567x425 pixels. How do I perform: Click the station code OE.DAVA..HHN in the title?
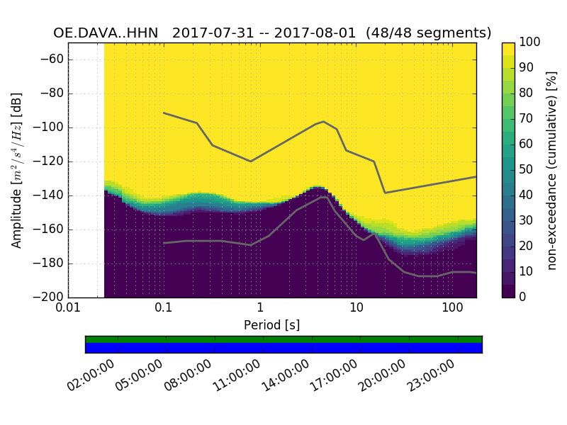[108, 33]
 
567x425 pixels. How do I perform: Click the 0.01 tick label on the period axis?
[68, 310]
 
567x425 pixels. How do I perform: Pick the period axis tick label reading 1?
[260, 310]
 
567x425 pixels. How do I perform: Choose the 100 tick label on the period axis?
[452, 310]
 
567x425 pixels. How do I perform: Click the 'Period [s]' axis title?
[271, 325]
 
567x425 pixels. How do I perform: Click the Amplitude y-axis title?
[17, 170]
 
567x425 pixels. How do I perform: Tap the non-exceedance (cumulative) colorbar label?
[552, 170]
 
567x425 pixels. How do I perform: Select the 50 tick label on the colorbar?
[527, 170]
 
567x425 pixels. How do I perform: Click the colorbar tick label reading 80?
[527, 93]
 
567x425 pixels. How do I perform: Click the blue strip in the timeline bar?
[283, 348]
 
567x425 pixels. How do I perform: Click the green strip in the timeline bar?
[283, 339]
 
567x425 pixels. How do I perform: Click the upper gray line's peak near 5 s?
[324, 121]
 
